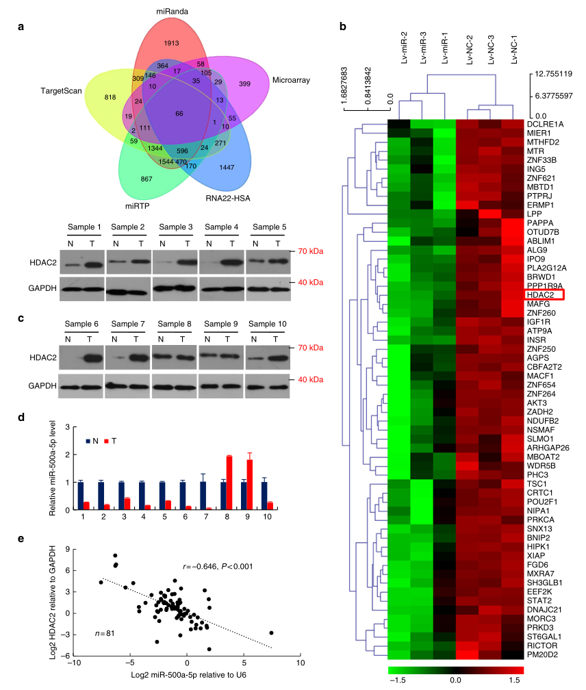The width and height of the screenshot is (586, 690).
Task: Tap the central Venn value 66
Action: pyautogui.click(x=179, y=112)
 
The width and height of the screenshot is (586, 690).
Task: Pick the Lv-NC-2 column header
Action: pyautogui.click(x=471, y=51)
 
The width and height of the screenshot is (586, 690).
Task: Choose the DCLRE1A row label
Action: pyautogui.click(x=546, y=124)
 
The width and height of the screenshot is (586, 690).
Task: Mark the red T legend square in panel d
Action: pyautogui.click(x=107, y=442)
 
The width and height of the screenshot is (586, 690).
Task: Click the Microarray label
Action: pyautogui.click(x=291, y=81)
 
